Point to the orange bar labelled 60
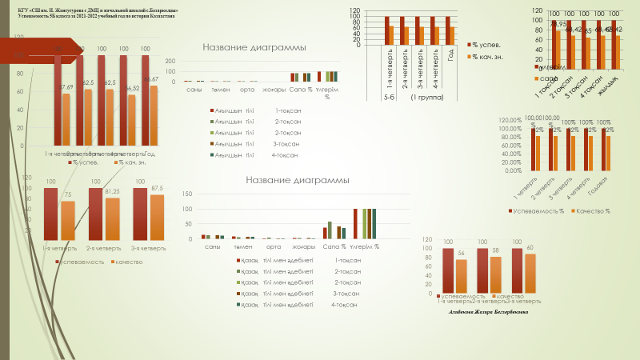530,272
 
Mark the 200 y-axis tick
170,61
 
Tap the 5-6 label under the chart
387,97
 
